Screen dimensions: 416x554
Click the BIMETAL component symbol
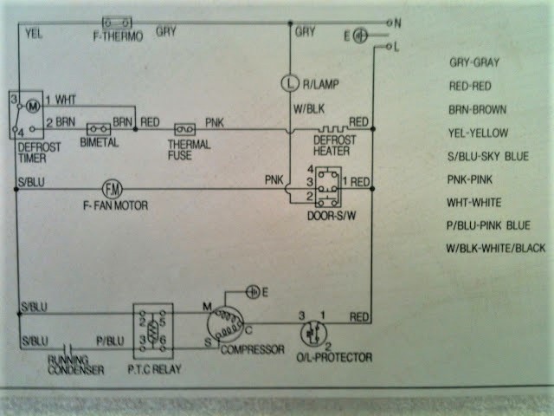coord(98,127)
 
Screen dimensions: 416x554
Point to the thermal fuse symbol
coord(183,127)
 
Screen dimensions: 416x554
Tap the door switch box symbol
coord(327,183)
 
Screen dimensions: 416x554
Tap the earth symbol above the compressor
coord(253,291)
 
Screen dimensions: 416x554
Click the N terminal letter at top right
coord(398,21)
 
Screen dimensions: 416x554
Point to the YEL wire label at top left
coord(35,35)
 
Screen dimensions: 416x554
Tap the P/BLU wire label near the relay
coord(107,341)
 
